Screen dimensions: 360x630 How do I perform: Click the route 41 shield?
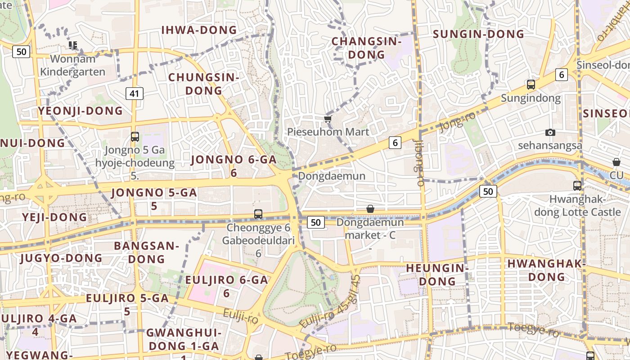(134, 94)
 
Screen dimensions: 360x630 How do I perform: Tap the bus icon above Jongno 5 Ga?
(135, 137)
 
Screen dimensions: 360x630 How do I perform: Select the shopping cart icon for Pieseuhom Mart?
(328, 119)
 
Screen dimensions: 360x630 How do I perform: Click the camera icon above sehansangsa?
(550, 132)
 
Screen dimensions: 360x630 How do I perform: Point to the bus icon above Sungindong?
(531, 84)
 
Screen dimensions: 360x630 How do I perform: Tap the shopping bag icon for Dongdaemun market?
(370, 209)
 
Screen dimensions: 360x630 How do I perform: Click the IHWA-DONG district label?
(199, 30)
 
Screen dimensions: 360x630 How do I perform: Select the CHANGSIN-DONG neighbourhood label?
(366, 48)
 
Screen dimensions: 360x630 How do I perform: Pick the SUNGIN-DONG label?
(478, 34)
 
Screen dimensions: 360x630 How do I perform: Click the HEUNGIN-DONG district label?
(437, 274)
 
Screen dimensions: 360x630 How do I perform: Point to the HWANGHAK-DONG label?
(547, 270)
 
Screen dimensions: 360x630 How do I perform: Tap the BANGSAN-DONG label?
(146, 252)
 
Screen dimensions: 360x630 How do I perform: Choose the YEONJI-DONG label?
(80, 111)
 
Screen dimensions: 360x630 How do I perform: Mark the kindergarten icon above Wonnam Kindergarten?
(73, 45)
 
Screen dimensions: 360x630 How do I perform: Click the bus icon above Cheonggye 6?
(258, 214)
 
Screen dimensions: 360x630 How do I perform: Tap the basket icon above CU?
(616, 162)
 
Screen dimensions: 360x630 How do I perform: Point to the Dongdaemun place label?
(332, 176)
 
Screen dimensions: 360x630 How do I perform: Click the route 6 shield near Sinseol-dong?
(561, 74)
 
